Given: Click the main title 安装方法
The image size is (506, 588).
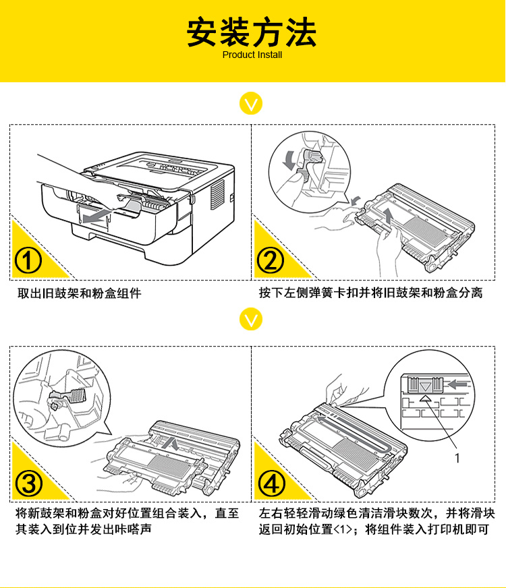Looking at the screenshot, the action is tap(252, 32).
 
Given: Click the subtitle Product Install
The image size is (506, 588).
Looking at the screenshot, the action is tap(252, 55).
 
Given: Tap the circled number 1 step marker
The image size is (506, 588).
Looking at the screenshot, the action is tap(28, 261).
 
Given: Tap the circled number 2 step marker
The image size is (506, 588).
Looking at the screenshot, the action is tap(270, 261).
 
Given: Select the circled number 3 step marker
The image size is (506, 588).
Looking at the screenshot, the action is tap(28, 483).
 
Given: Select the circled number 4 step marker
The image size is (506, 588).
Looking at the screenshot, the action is tap(272, 483).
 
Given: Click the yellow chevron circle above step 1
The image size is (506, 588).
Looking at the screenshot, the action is tap(251, 103).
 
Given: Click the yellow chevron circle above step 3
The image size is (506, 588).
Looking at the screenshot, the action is tap(251, 319).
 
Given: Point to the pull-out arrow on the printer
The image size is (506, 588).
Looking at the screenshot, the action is tap(96, 216).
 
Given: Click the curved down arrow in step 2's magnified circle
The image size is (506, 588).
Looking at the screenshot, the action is tap(289, 159).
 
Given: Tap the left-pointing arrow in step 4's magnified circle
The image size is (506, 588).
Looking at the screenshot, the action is tap(458, 384).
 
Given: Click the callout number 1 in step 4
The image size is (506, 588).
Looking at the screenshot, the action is tap(457, 458).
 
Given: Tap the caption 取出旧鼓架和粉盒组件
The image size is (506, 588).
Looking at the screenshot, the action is tap(79, 293).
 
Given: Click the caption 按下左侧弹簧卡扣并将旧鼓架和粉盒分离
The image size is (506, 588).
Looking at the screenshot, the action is tap(370, 293).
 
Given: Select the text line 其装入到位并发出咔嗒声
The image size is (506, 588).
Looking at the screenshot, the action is tap(84, 529).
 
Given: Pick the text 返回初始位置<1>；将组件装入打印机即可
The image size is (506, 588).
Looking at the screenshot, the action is tap(374, 529).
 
